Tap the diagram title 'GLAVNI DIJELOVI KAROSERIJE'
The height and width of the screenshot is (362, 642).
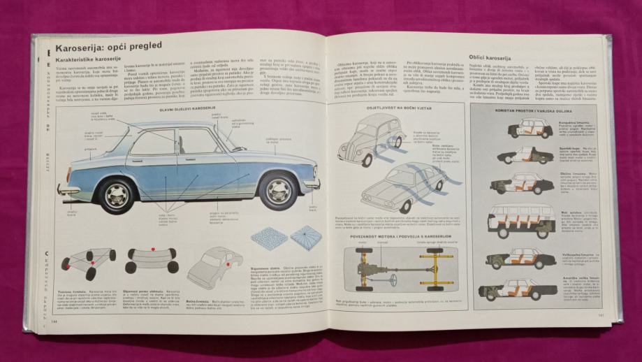[x=184, y=108]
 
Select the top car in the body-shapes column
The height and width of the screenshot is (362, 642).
[x=530, y=128]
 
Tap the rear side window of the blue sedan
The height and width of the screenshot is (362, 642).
[x=152, y=143]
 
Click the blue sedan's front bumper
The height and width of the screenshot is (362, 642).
[x=312, y=184]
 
